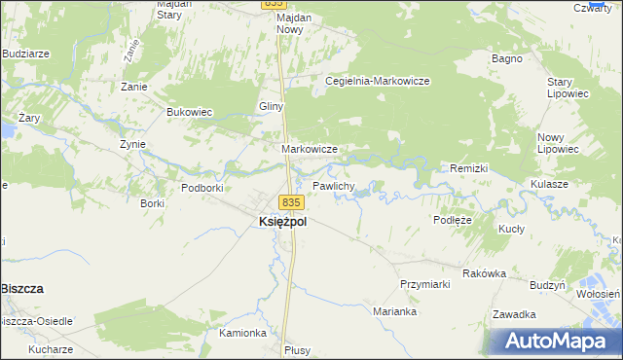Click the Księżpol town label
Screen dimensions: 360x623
coord(282,222)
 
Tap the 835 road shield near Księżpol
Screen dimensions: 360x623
coord(292,202)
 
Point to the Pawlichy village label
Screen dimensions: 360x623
coord(333,185)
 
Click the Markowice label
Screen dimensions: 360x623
coord(309,149)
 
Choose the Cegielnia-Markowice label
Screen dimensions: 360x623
coord(378,81)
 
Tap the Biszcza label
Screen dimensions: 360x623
coord(26,289)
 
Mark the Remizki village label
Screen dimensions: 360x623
coord(468,168)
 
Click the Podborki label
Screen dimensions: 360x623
coord(202,187)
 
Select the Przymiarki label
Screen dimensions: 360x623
coord(423,283)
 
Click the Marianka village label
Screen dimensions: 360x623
coord(395,311)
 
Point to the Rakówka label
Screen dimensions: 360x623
coord(485,273)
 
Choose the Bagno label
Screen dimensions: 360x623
coord(507,58)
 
